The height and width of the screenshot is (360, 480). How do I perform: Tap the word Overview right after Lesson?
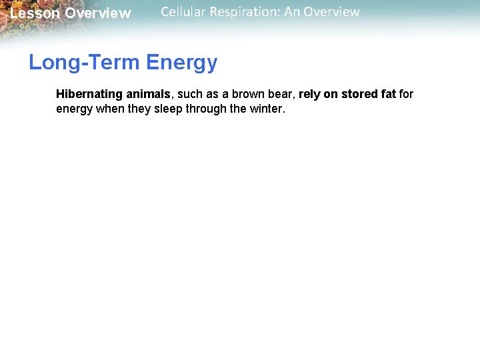[98, 13]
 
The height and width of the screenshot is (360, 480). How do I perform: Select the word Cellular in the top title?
[183, 12]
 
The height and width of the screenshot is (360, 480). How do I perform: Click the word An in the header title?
[291, 12]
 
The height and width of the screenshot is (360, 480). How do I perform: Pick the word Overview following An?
[332, 12]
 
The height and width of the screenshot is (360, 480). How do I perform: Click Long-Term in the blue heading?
[85, 63]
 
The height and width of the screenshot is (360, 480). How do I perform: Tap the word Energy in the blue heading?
[181, 63]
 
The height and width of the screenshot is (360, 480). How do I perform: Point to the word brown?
[247, 94]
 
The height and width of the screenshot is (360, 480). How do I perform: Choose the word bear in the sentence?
[281, 94]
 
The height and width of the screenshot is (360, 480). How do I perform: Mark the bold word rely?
[310, 94]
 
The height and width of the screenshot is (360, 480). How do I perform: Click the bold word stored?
[359, 94]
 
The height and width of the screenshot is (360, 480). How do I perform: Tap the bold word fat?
[389, 94]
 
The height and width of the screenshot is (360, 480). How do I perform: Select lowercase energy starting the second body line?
[75, 109]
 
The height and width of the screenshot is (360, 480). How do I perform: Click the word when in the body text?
[110, 109]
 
